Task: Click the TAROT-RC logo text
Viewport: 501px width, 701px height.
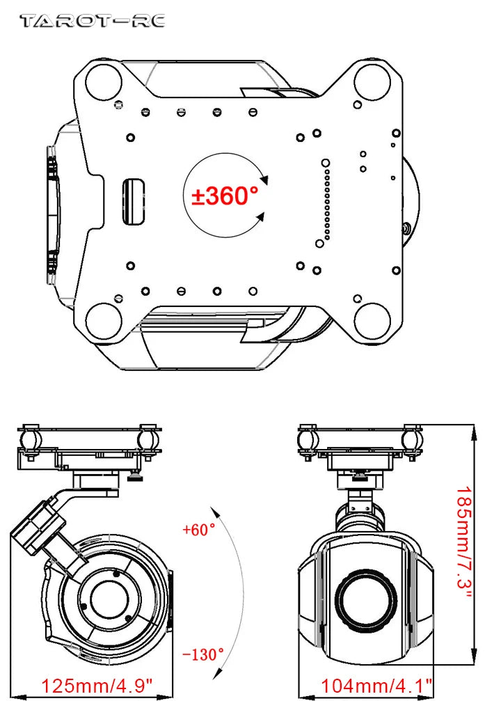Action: point(93,21)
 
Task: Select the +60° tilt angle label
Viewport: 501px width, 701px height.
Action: point(199,530)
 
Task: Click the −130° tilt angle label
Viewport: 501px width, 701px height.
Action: point(203,654)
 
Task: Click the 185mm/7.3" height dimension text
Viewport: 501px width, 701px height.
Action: point(465,546)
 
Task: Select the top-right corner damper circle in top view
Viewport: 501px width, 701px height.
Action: point(370,80)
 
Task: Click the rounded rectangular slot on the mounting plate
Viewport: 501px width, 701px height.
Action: point(134,203)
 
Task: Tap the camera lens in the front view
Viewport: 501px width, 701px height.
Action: point(366,599)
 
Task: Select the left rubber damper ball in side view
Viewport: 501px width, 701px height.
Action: point(30,440)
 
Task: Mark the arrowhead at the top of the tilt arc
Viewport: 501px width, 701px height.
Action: point(217,511)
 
